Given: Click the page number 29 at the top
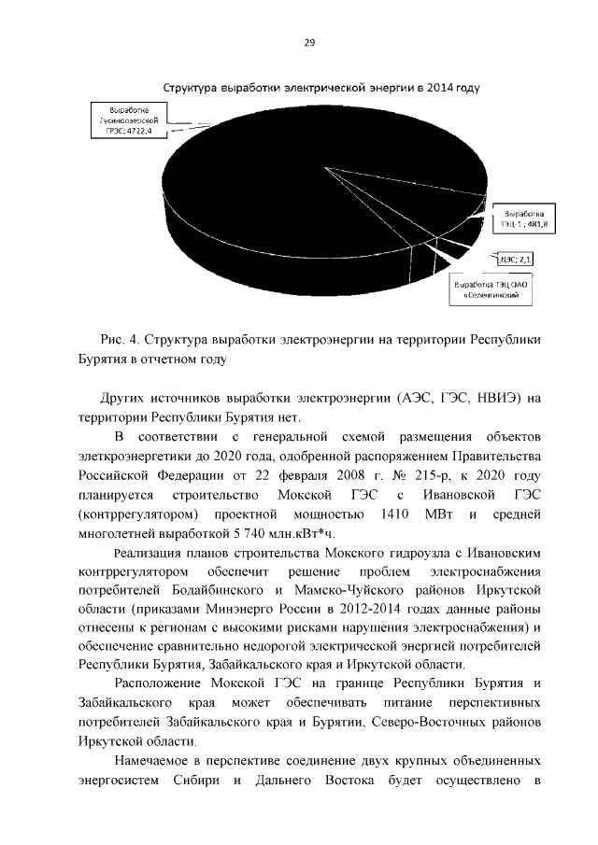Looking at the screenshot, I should pos(309,42).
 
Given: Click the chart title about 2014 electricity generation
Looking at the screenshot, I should pos(321,89).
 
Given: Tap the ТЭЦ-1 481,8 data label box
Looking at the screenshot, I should pos(524,218).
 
